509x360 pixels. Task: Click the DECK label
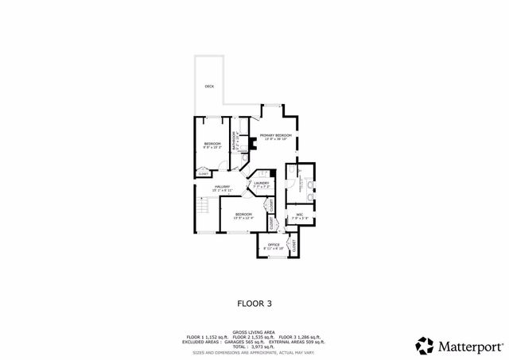(209, 86)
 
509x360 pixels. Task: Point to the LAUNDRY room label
(261, 184)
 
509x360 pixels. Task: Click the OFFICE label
(273, 244)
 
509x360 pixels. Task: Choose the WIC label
(300, 215)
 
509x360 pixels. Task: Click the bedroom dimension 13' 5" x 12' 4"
(243, 218)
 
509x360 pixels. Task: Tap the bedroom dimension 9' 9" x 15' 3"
(212, 147)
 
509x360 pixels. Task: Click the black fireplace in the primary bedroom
(251, 145)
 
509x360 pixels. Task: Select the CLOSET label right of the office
(294, 246)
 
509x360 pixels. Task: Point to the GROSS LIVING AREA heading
(254, 332)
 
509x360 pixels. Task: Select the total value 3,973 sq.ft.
(263, 346)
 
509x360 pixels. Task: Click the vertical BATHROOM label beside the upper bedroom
(234, 141)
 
